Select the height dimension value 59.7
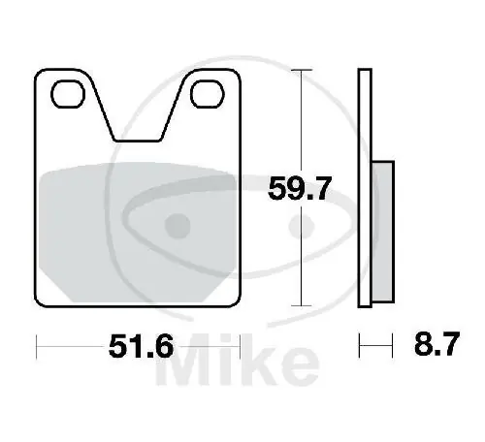[302, 189]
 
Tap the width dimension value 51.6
[138, 343]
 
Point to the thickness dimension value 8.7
[432, 343]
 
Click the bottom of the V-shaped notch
[138, 142]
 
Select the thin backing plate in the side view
[365, 189]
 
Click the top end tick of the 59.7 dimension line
[304, 71]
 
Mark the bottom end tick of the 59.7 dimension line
[304, 306]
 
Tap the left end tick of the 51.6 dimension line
[36, 343]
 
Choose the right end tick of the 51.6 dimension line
[240, 343]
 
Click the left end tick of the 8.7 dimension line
[360, 343]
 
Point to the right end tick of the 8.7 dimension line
[393, 343]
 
